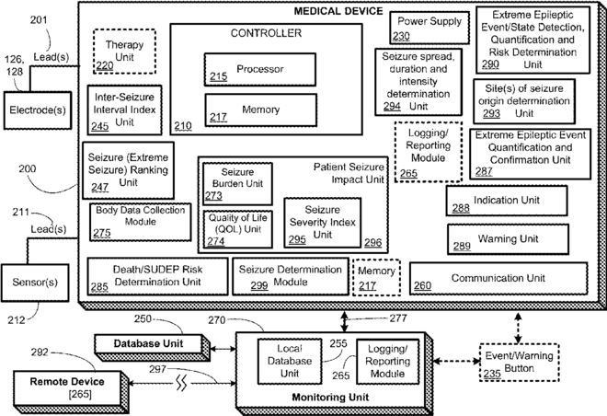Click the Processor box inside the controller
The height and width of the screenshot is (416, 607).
[x=259, y=69]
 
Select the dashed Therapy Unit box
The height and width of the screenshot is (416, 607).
[x=124, y=52]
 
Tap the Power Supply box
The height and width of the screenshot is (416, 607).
[x=429, y=28]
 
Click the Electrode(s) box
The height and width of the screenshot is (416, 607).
[x=38, y=110]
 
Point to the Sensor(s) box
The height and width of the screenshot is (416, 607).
[x=35, y=283]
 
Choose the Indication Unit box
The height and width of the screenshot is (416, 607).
[x=507, y=201]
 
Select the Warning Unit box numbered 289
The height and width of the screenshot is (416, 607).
[x=508, y=239]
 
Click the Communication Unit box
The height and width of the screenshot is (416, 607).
[x=498, y=279]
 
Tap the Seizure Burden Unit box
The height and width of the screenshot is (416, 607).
[x=237, y=184]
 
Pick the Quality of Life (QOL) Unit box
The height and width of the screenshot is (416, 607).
[x=237, y=229]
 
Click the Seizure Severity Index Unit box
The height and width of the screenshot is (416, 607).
[x=323, y=223]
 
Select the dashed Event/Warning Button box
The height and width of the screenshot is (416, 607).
[x=519, y=363]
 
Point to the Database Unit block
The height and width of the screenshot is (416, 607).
[x=152, y=348]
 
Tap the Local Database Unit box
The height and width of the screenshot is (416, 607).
[x=290, y=362]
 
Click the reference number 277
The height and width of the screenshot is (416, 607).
[x=398, y=318]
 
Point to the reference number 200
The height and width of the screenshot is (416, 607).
[x=28, y=168]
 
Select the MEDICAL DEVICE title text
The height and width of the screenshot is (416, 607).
[x=338, y=11]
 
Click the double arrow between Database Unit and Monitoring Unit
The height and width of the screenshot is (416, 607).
[x=223, y=350]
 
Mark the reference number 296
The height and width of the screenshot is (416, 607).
[x=373, y=242]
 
